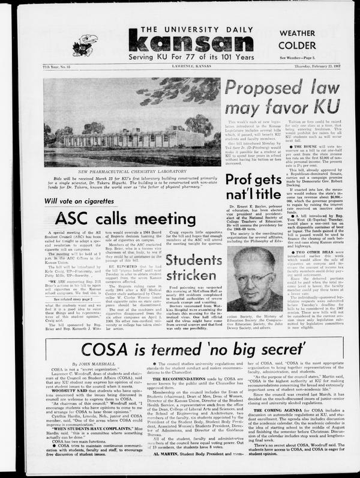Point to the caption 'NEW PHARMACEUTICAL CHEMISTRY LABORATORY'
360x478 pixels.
point(132,171)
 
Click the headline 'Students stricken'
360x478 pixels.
point(195,267)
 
